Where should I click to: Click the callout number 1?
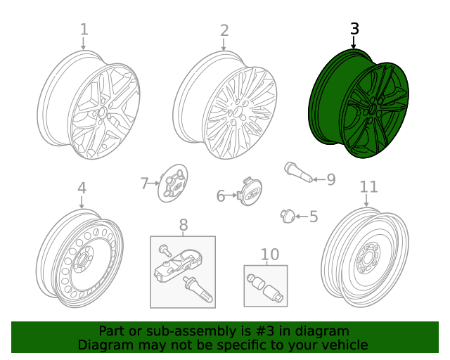[x=84, y=30]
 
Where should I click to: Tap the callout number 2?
[x=224, y=30]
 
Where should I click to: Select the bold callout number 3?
[x=354, y=29]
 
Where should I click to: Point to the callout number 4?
[x=82, y=188]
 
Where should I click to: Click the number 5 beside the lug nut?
[x=314, y=217]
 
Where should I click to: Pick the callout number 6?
[x=220, y=196]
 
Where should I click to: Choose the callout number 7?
[x=144, y=184]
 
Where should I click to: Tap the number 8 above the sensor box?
[x=184, y=225]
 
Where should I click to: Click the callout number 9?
[x=331, y=180]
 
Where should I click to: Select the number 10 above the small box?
[x=270, y=255]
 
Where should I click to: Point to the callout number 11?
[x=368, y=187]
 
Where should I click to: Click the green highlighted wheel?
[x=359, y=103]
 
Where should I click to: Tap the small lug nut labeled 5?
[x=288, y=216]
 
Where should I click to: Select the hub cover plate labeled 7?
[x=173, y=183]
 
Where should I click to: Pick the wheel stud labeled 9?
[x=298, y=172]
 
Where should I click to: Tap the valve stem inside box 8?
[x=198, y=290]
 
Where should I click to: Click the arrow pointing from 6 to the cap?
[x=231, y=195]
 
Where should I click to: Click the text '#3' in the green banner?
[x=264, y=331]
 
